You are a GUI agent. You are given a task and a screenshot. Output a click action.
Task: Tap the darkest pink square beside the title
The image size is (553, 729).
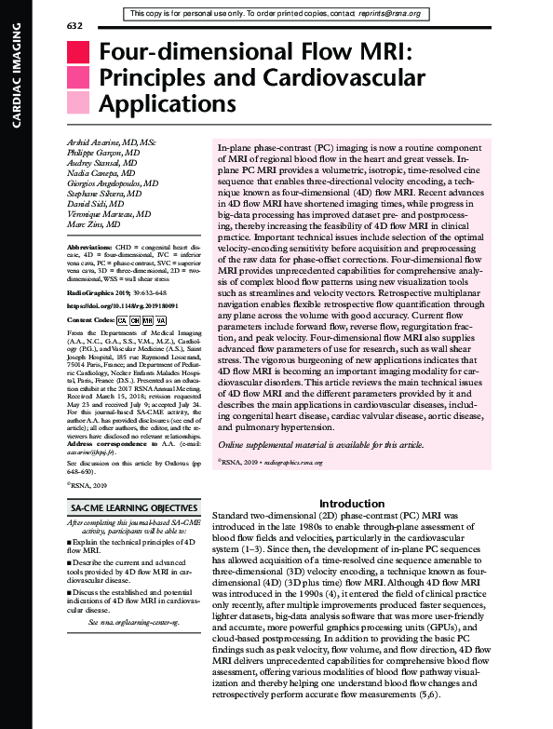point(80,53)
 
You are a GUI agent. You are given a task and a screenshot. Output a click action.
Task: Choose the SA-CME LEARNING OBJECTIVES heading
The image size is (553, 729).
point(134,507)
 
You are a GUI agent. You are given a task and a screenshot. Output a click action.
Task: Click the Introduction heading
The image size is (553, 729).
point(345,503)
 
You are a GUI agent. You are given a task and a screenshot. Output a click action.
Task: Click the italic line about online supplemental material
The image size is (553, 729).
point(320,445)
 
